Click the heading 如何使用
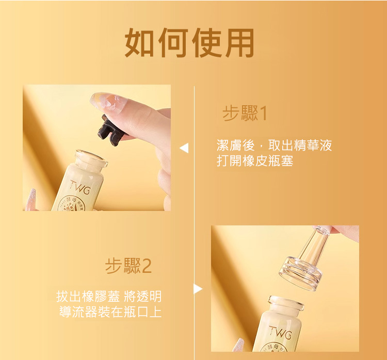189,43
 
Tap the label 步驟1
245,113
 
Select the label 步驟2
128,266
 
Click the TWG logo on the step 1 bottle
80,187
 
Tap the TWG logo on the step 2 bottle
280,333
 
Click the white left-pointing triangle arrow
184,148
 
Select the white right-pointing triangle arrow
198,289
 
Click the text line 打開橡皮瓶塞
255,161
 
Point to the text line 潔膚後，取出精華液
274,145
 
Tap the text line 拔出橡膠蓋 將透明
109,296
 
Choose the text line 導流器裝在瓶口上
110,312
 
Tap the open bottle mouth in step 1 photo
91,158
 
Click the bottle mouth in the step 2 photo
286,303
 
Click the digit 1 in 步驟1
264,114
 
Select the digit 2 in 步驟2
147,266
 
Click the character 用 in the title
239,43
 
